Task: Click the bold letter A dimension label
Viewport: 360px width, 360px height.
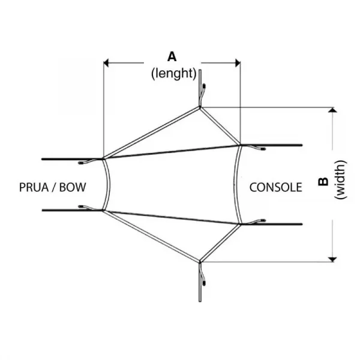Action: click(x=172, y=57)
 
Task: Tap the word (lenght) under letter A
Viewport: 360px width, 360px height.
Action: click(x=173, y=74)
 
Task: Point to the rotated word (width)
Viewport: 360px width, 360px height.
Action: click(x=340, y=181)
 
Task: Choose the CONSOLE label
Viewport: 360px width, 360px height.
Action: click(x=275, y=187)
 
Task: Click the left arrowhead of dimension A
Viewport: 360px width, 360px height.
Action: click(x=107, y=61)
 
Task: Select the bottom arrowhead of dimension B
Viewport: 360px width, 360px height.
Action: click(x=332, y=257)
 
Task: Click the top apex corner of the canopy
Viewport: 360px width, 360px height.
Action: click(x=200, y=108)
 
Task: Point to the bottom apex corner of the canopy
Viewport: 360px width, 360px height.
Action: click(x=200, y=261)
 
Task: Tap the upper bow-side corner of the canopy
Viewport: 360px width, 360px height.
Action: click(x=104, y=158)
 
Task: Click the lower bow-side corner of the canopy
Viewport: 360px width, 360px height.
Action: click(x=104, y=210)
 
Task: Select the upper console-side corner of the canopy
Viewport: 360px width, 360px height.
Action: click(x=240, y=145)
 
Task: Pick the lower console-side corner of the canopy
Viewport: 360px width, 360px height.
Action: click(x=240, y=224)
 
